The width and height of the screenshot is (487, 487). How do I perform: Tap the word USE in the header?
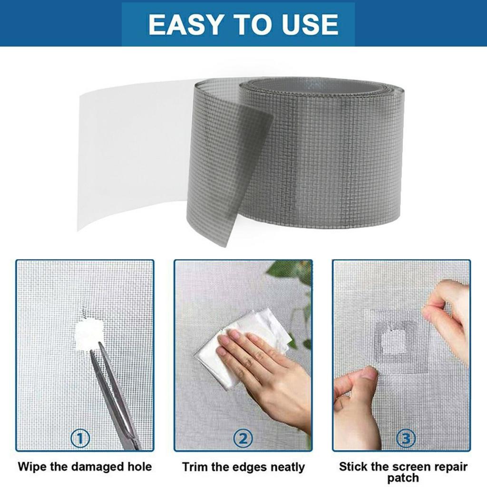[307, 24]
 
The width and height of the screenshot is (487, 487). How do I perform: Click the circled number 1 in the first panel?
[80, 438]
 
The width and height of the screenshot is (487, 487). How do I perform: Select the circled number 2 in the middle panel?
[243, 438]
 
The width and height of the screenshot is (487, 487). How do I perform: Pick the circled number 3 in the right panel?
[405, 438]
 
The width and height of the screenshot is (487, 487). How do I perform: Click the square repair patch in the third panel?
[394, 339]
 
